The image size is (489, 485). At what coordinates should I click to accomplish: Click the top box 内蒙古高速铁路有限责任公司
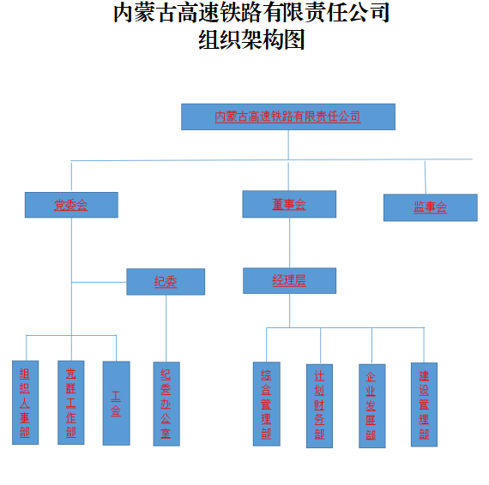(x=288, y=117)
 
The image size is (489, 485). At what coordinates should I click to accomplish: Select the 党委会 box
(x=71, y=205)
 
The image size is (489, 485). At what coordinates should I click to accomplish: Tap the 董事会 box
(x=289, y=204)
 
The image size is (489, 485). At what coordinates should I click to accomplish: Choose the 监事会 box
(x=431, y=207)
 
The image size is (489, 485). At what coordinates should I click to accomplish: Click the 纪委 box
(x=166, y=282)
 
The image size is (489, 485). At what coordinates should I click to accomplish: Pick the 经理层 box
(x=289, y=280)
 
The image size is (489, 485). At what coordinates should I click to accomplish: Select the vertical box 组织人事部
(x=25, y=403)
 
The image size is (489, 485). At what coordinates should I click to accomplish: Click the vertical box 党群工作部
(x=71, y=403)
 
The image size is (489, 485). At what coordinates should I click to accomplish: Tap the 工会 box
(x=117, y=403)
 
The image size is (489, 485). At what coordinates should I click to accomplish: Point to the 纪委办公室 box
(x=166, y=404)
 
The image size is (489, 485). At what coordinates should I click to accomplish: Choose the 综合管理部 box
(x=266, y=404)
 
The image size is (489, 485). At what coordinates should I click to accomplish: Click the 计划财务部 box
(x=319, y=406)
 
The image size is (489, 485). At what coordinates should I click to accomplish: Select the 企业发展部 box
(x=372, y=406)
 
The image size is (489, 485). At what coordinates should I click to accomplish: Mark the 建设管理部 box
(x=424, y=404)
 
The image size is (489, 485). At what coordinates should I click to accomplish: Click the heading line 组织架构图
(x=251, y=40)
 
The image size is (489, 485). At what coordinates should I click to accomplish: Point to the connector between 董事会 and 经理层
(x=289, y=242)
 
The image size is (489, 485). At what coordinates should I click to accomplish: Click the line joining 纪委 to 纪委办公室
(x=166, y=328)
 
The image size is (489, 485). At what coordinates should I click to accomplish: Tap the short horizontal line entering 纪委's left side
(x=100, y=282)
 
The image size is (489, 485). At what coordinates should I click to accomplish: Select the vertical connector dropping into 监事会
(x=426, y=177)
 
